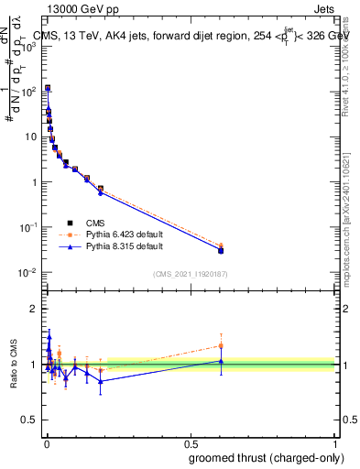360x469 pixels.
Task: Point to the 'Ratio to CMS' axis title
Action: click(x=14, y=365)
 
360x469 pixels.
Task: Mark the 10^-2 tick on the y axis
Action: click(x=28, y=272)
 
